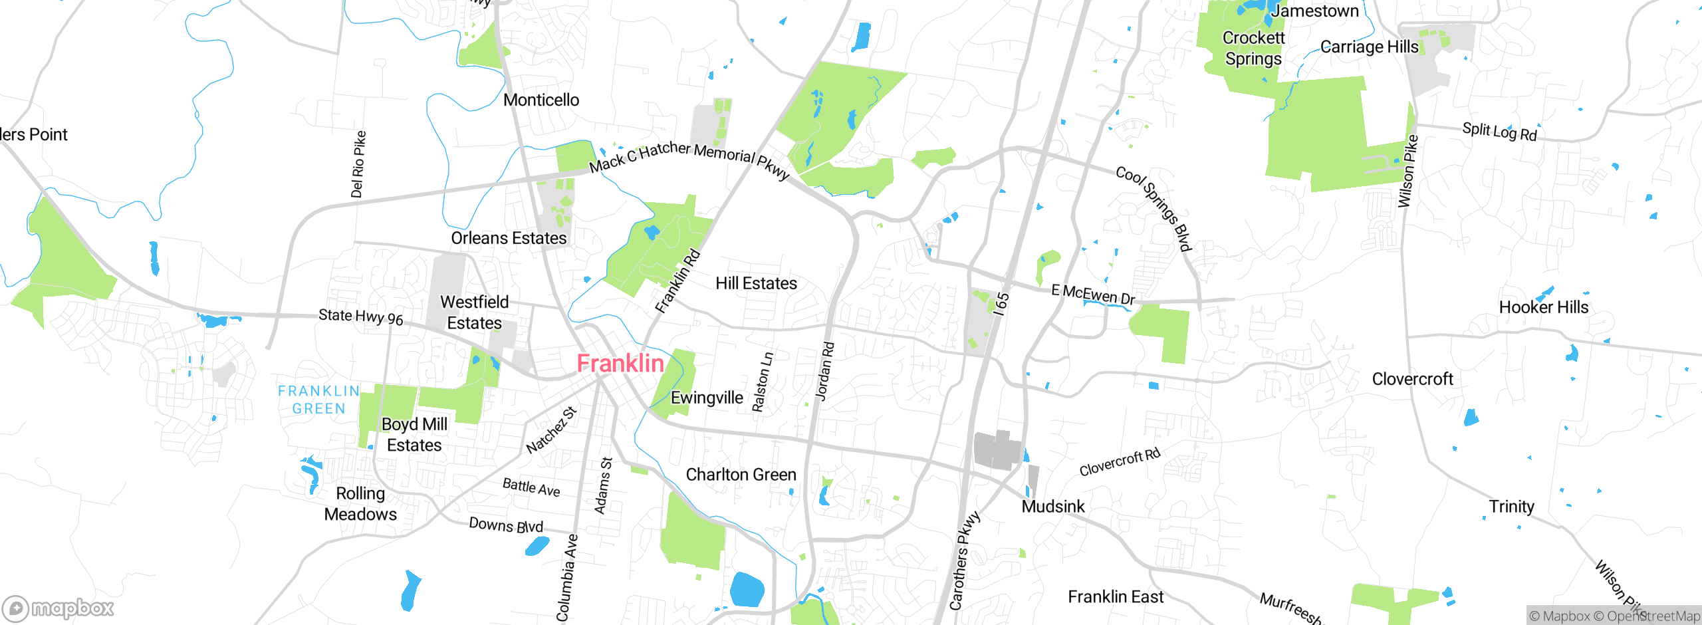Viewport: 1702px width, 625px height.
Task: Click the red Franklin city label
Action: (x=620, y=363)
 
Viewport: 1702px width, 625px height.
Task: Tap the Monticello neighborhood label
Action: (x=541, y=100)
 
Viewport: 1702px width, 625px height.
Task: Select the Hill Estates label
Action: (x=756, y=283)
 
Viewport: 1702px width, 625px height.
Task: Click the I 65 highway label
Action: (x=1001, y=304)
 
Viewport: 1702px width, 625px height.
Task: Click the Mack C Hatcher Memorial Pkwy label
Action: (x=689, y=158)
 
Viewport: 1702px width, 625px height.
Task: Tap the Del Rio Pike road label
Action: (x=358, y=164)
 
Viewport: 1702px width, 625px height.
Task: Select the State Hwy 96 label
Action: (x=361, y=316)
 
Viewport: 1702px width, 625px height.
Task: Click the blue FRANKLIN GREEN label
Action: (x=318, y=400)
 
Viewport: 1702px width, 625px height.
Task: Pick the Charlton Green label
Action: (x=741, y=475)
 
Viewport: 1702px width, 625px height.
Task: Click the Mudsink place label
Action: (x=1052, y=507)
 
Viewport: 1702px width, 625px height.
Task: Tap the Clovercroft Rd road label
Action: (x=1120, y=462)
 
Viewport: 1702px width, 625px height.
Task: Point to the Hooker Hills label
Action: (x=1543, y=307)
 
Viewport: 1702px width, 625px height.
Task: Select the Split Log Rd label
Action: (x=1499, y=132)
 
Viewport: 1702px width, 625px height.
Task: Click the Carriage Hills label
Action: (x=1369, y=47)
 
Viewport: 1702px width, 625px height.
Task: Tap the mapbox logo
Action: (x=59, y=608)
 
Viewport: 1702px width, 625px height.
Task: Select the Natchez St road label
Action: (x=551, y=430)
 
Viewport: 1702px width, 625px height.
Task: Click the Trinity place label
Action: (x=1511, y=507)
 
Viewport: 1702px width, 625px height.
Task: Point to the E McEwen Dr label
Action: (x=1093, y=295)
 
